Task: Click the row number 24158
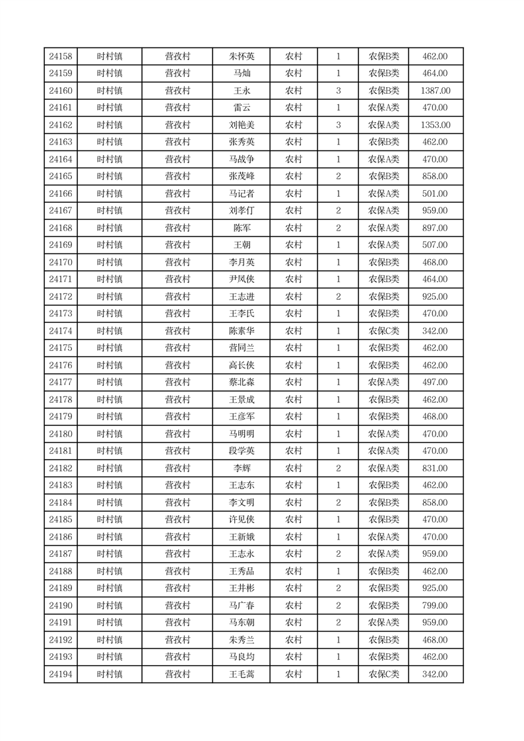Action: pyautogui.click(x=61, y=57)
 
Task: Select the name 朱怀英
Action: pyautogui.click(x=242, y=57)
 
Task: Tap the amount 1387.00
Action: pyautogui.click(x=435, y=91)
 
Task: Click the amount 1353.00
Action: pyautogui.click(x=435, y=125)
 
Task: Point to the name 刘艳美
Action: pyautogui.click(x=242, y=125)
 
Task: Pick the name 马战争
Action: pyautogui.click(x=242, y=160)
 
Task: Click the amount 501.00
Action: pyautogui.click(x=435, y=194)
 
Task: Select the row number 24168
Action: pyautogui.click(x=61, y=229)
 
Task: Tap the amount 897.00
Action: pyautogui.click(x=435, y=229)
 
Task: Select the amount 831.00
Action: pyautogui.click(x=435, y=469)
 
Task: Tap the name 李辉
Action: pyautogui.click(x=242, y=469)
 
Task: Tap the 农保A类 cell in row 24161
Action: pyautogui.click(x=383, y=108)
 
